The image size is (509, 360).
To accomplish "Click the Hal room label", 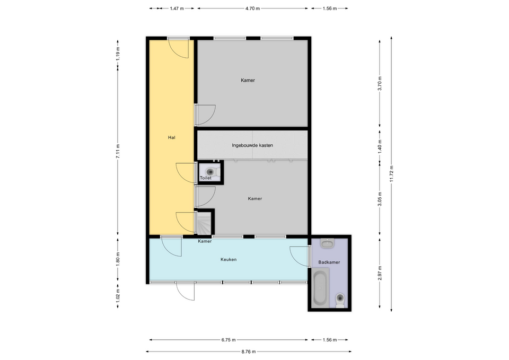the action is pyautogui.click(x=172, y=137).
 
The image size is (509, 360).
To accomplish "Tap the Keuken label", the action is pyautogui.click(x=229, y=259).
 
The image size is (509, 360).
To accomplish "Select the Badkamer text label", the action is pyautogui.click(x=329, y=262).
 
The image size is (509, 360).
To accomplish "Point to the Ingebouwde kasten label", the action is pyautogui.click(x=252, y=145).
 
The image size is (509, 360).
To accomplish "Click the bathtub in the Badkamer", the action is pyautogui.click(x=321, y=287).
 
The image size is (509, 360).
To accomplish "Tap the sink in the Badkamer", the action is pyautogui.click(x=328, y=243).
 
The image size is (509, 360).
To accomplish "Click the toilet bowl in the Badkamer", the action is pyautogui.click(x=340, y=300).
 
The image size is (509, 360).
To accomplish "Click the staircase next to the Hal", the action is pyautogui.click(x=204, y=223).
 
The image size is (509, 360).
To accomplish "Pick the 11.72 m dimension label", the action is pyautogui.click(x=391, y=174).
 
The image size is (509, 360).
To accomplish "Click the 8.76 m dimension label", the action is pyautogui.click(x=249, y=351).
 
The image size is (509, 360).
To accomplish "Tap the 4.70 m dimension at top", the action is pyautogui.click(x=252, y=8).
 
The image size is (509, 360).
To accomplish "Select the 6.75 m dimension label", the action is pyautogui.click(x=229, y=340).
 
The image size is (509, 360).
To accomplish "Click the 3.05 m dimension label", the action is pyautogui.click(x=380, y=199).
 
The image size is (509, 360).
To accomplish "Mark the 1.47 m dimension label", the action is pyautogui.click(x=177, y=8).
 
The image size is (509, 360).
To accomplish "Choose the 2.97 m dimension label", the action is pyautogui.click(x=380, y=273).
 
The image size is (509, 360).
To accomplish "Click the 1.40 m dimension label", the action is pyautogui.click(x=380, y=146).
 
